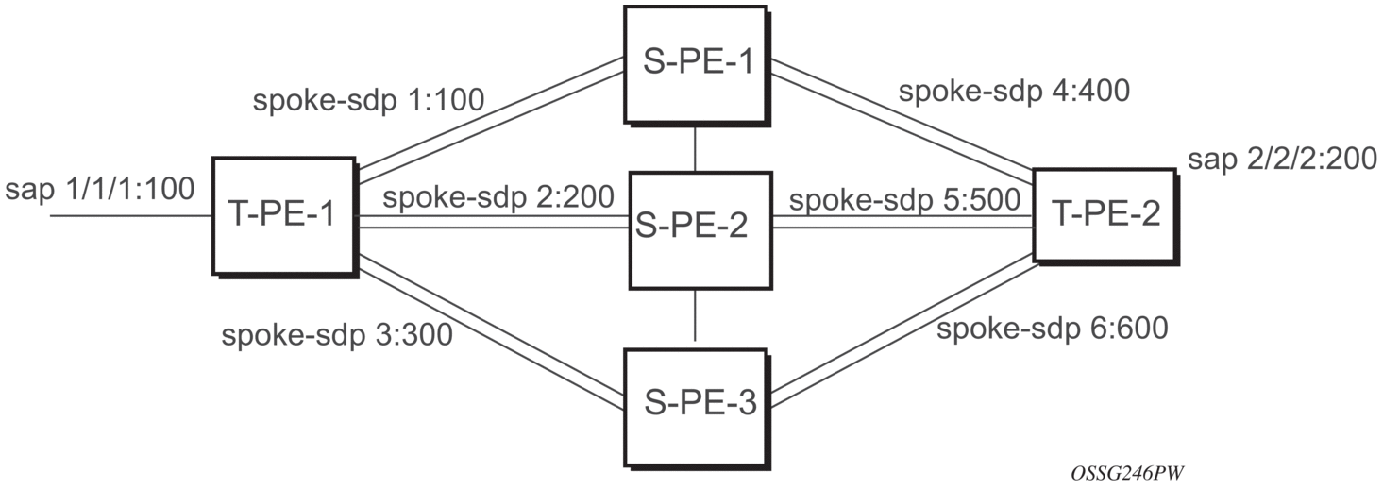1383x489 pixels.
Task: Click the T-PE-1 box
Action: click(x=282, y=215)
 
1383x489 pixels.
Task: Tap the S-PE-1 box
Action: click(x=693, y=63)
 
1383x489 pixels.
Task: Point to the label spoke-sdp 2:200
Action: click(x=499, y=198)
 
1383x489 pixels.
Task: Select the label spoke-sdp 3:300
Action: click(x=337, y=335)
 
